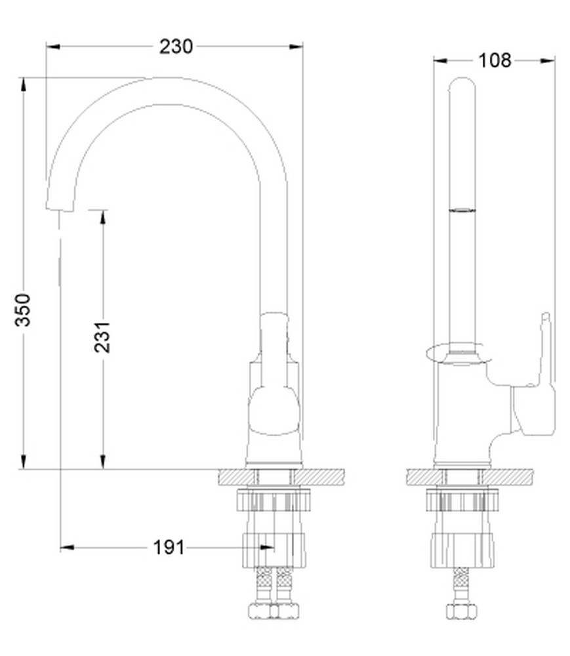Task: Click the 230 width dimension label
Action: pyautogui.click(x=175, y=47)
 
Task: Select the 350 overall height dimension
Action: pyautogui.click(x=24, y=310)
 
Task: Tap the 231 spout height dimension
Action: pyautogui.click(x=103, y=337)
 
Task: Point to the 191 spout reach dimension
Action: pyautogui.click(x=169, y=547)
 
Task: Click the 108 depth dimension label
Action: pyautogui.click(x=494, y=60)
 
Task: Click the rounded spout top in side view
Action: pyautogui.click(x=462, y=89)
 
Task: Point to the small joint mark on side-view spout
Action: pyautogui.click(x=462, y=211)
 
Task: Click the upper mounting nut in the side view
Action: pyautogui.click(x=462, y=501)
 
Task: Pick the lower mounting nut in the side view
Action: pyautogui.click(x=462, y=548)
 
